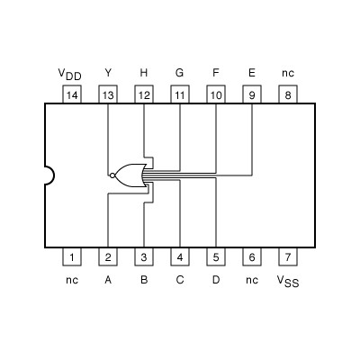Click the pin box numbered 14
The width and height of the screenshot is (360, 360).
click(x=72, y=94)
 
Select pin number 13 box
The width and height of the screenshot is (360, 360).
click(x=108, y=94)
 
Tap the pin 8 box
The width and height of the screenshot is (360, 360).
click(x=288, y=94)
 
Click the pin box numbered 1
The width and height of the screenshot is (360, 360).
click(x=72, y=257)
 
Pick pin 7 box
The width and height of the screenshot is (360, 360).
click(x=288, y=257)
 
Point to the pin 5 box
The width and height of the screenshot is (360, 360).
click(x=216, y=257)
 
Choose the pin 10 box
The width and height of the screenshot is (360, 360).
click(x=216, y=94)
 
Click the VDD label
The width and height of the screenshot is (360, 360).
click(x=69, y=73)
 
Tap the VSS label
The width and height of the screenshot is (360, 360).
click(x=287, y=281)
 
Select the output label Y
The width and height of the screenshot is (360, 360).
click(x=108, y=72)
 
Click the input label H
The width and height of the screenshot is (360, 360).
click(x=144, y=72)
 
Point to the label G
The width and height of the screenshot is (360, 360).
click(x=180, y=72)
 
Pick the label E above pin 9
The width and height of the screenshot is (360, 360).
click(x=252, y=72)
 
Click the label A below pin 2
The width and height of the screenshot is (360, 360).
click(x=108, y=280)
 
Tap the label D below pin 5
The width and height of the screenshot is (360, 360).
click(x=216, y=280)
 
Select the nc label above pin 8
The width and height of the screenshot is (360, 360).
click(x=288, y=73)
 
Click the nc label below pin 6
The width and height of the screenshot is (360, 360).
click(x=252, y=280)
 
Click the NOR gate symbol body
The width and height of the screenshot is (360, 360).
click(x=131, y=175)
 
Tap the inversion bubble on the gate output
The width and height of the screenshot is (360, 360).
click(x=112, y=175)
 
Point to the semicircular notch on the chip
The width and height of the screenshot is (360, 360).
click(x=49, y=175)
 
